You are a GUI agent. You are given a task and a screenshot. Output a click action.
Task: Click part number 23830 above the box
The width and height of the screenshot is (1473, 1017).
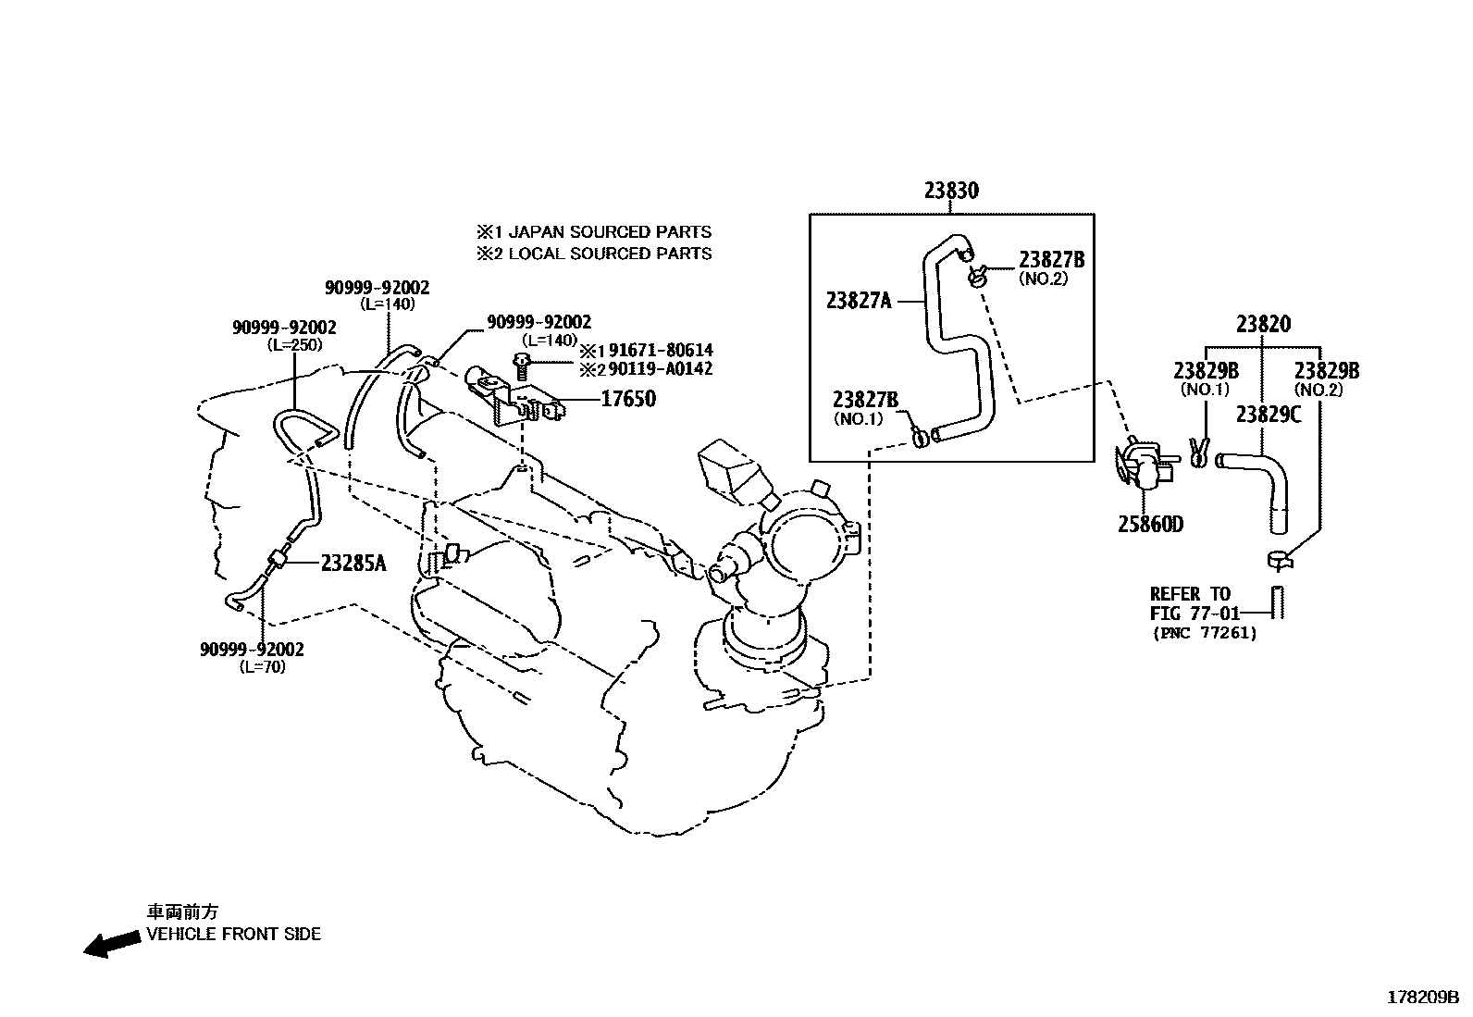[x=950, y=191]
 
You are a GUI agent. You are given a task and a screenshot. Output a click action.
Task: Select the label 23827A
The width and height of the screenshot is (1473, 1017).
[x=859, y=300]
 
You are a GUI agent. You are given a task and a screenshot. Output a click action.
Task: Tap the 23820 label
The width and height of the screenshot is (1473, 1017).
[x=1263, y=324]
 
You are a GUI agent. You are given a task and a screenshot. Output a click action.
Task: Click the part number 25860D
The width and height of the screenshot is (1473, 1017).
[x=1150, y=525]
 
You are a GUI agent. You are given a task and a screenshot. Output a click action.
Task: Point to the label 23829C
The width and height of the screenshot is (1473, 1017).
[x=1268, y=415]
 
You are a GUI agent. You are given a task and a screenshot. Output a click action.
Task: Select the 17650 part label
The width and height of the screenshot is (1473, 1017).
[x=628, y=399]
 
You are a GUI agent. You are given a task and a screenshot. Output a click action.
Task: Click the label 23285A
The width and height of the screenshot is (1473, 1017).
[x=353, y=562]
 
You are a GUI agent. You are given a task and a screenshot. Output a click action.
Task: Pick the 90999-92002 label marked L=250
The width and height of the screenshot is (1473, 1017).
[x=284, y=328]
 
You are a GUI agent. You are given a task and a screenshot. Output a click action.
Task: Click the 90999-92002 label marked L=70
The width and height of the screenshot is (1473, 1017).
[x=252, y=650]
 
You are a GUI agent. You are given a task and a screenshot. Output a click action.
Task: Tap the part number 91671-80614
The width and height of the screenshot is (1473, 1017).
[x=660, y=351]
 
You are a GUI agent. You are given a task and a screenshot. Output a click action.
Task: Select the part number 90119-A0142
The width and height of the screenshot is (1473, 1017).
[x=660, y=369]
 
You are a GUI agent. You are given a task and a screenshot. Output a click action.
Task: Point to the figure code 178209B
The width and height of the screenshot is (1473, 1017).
[x=1422, y=998]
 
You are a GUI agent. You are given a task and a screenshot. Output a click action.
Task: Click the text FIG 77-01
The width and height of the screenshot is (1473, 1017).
[x=1194, y=613]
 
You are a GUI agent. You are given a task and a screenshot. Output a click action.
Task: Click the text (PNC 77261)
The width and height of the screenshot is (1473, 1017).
[x=1205, y=633]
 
